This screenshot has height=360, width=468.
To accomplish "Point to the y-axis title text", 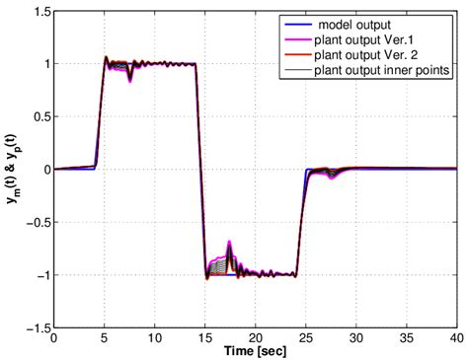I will [x=11, y=170].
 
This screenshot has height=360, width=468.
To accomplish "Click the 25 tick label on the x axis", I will [x=306, y=338].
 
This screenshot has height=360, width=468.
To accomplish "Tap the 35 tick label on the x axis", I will [x=407, y=338].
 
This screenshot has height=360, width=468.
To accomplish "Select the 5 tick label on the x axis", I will [x=105, y=338].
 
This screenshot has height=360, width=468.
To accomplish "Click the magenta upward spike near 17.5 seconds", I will [x=229, y=243].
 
